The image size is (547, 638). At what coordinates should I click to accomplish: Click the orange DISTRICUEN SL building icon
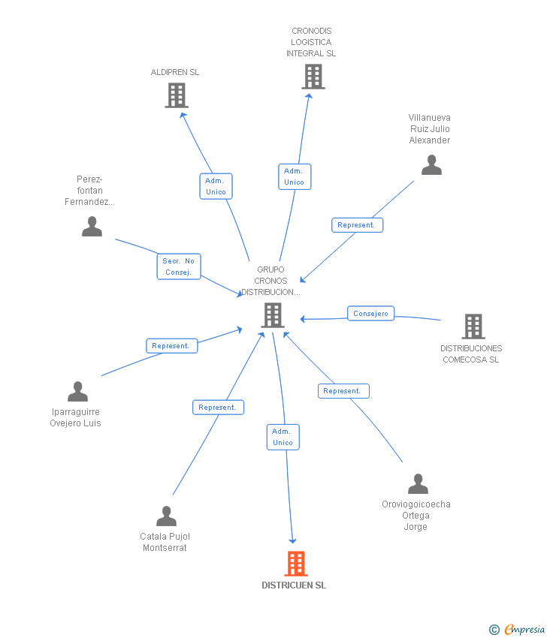pos(296,564)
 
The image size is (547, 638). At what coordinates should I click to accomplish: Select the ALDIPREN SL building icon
pos(177,95)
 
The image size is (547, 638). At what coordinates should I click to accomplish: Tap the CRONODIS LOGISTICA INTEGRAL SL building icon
pos(313,77)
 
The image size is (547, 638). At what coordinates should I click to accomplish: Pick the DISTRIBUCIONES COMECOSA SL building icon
pos(473,327)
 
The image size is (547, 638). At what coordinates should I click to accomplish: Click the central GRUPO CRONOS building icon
pos(273,315)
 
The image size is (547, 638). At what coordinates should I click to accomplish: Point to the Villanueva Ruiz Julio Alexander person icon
pos(431,165)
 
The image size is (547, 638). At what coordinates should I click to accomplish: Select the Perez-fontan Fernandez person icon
pos(92,227)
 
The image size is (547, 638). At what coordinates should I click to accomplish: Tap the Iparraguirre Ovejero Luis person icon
pos(77,392)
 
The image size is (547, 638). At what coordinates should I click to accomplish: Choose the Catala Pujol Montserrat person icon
pos(166,516)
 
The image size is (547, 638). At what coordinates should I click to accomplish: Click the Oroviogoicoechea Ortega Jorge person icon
pos(418,484)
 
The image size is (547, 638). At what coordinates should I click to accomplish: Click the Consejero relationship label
pos(370,313)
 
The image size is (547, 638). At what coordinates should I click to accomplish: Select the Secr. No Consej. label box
pos(179,266)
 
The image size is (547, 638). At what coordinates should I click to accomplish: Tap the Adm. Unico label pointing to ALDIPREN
pos(216,186)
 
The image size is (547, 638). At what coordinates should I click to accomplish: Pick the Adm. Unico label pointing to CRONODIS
pos(294,176)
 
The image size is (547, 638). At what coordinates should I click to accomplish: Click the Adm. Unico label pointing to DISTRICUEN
pos(283,437)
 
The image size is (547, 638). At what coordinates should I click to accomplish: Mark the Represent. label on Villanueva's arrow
pos(357,225)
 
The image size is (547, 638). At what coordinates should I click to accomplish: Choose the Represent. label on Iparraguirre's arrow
pos(171,346)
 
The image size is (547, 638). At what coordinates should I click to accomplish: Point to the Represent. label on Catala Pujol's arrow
pos(218,408)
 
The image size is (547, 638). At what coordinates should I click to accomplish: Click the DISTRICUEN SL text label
pos(294,585)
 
